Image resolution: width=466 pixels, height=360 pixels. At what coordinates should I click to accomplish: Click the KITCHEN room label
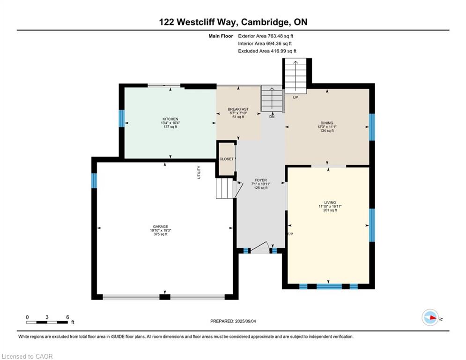[x=170, y=119]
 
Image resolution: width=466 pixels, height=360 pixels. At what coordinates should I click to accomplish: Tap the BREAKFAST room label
[x=238, y=109]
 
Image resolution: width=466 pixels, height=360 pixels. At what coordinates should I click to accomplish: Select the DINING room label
[x=327, y=123]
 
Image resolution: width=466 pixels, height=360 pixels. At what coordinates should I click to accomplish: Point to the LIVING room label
[x=330, y=202]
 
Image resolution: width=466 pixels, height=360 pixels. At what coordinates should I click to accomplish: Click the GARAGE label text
[x=161, y=226]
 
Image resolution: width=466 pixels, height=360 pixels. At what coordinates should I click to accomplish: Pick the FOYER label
[x=261, y=180]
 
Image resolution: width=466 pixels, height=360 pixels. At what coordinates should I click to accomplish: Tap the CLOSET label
[x=227, y=159]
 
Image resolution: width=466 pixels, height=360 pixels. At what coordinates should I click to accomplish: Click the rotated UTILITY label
[x=199, y=172]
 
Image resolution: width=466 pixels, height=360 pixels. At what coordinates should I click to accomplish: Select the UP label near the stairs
[x=296, y=97]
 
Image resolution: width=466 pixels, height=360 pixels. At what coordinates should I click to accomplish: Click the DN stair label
[x=272, y=117]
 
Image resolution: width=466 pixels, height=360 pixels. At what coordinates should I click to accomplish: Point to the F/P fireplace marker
[x=290, y=234]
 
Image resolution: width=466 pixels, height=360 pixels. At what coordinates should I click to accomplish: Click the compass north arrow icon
[x=430, y=317]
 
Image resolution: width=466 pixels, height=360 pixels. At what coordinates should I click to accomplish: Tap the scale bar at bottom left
[x=47, y=322]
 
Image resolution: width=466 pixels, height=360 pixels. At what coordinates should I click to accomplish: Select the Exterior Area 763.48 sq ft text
[x=266, y=36]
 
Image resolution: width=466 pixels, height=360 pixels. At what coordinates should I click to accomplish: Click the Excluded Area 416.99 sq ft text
[x=267, y=51]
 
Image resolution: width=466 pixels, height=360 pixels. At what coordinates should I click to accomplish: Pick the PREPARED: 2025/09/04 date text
[x=233, y=321]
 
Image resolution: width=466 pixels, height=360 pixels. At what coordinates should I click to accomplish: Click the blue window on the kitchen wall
[x=122, y=119]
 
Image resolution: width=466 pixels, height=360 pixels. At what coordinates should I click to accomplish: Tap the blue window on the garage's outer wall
[x=94, y=180]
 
